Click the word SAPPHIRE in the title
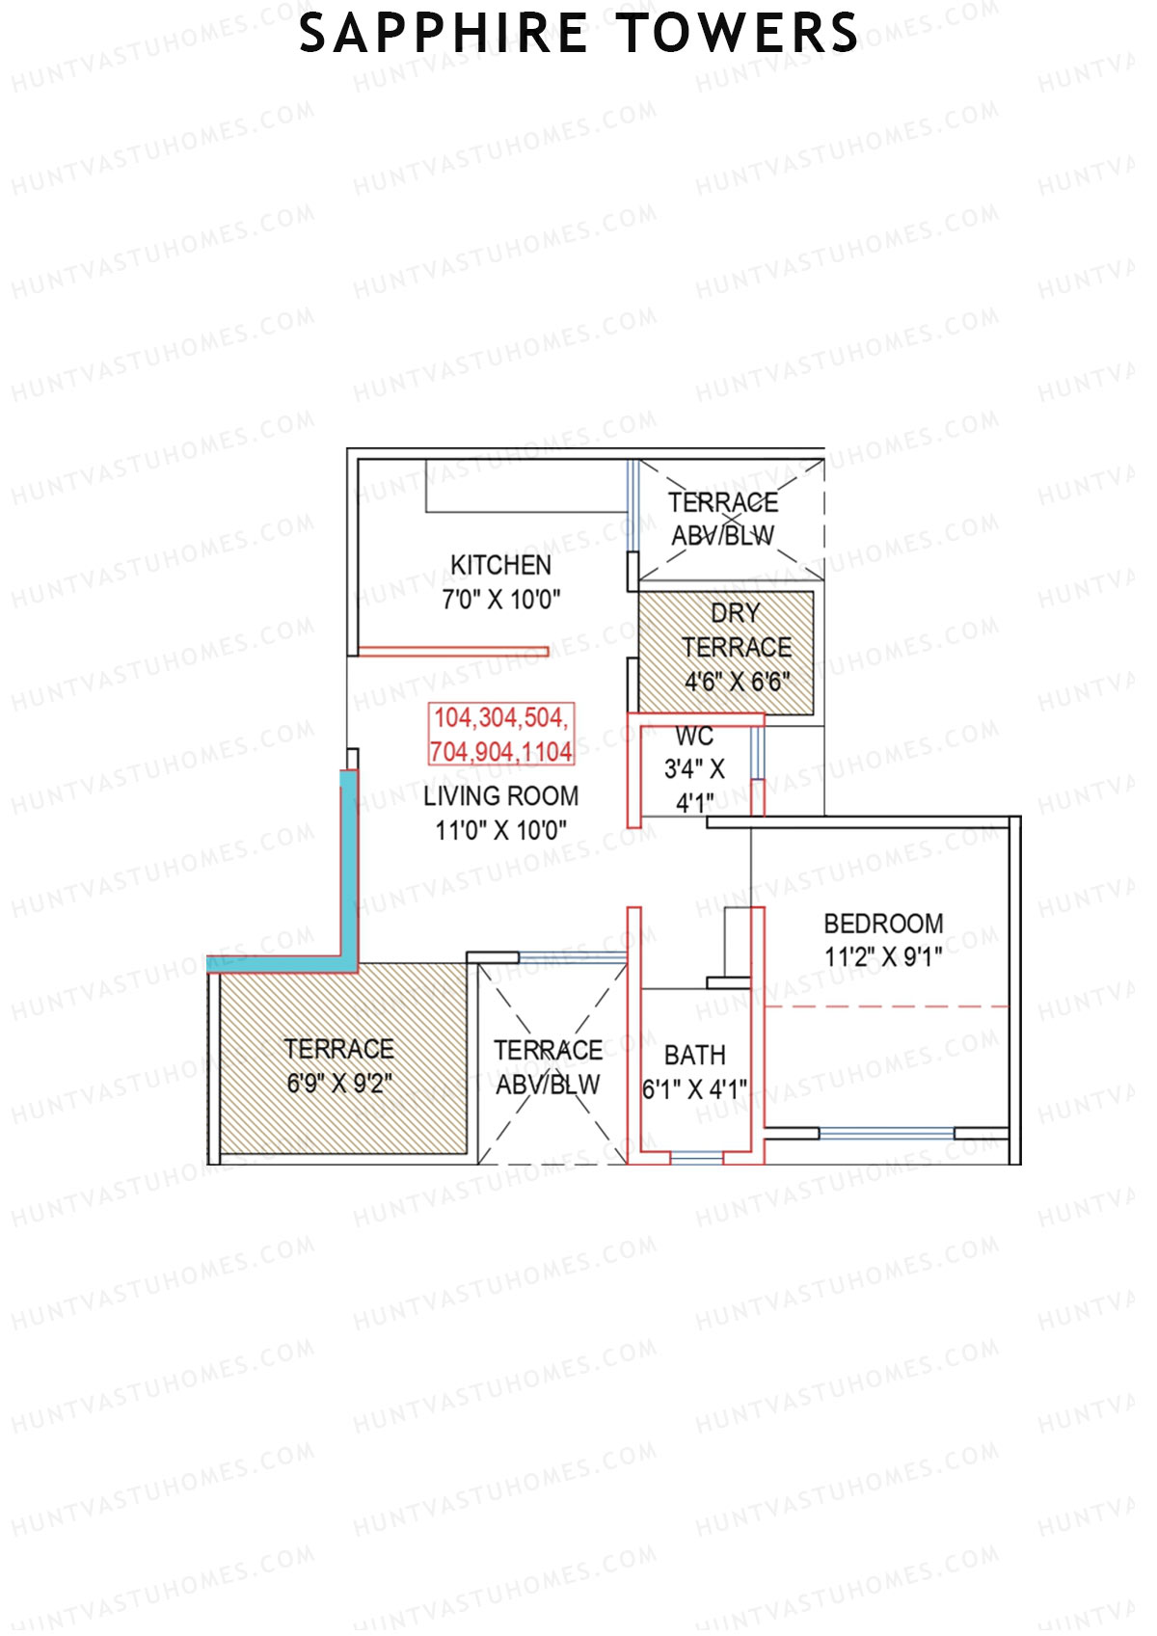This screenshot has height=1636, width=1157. (444, 34)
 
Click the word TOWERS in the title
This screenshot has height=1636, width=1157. (738, 34)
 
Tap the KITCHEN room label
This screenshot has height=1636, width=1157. (500, 565)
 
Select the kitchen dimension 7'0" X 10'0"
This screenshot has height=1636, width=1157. (500, 600)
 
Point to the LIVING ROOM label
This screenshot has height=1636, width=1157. (500, 796)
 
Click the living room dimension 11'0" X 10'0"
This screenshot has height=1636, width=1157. (500, 830)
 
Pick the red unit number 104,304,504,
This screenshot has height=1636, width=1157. (500, 718)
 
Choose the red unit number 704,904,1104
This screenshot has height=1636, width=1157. (500, 751)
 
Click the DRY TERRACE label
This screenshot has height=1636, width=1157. (736, 630)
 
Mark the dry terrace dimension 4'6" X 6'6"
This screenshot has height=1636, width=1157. (737, 683)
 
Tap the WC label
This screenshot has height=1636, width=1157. (694, 738)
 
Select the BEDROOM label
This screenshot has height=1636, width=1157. (883, 924)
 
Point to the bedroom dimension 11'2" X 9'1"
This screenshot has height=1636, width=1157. (883, 957)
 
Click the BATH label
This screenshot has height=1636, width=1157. (694, 1056)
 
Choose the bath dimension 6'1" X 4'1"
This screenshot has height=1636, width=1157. (694, 1090)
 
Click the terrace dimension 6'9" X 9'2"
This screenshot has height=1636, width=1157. (338, 1084)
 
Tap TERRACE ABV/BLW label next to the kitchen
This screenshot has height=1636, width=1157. (723, 519)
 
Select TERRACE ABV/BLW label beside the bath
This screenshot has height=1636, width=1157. (548, 1067)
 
